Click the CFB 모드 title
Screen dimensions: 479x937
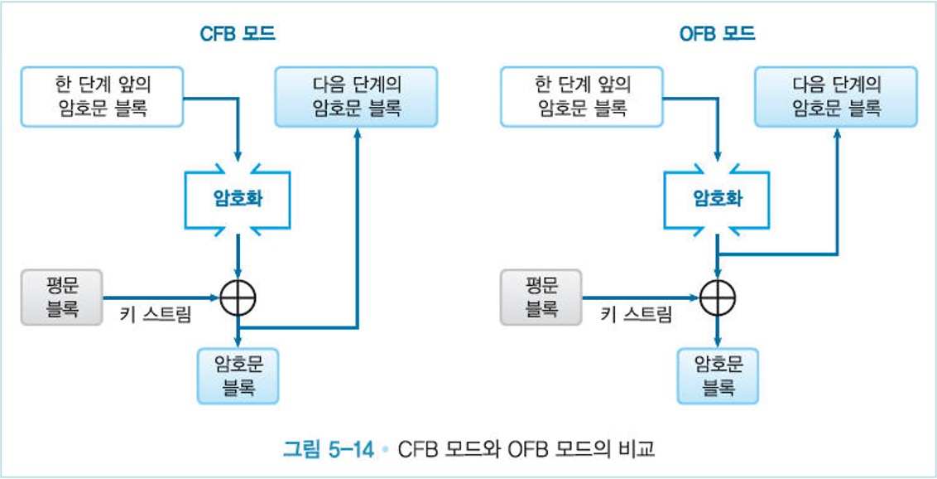coord(238,34)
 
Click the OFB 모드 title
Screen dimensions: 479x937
coord(717,34)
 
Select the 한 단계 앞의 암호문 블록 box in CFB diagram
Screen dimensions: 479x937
coord(103,96)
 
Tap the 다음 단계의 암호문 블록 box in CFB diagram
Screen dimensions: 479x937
coord(357,96)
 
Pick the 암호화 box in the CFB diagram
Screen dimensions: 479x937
coord(238,200)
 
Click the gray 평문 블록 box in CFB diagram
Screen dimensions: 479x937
coord(62,297)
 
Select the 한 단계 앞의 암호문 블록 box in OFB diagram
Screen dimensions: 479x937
coord(583,96)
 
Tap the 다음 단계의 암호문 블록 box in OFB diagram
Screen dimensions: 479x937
coord(836,96)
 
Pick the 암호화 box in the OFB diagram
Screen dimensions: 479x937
coord(717,200)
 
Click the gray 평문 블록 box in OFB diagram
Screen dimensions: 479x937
coord(541,297)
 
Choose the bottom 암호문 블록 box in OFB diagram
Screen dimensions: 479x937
coord(718,375)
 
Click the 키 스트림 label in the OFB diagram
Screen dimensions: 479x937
coord(636,315)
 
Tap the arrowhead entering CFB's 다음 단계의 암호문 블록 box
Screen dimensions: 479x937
coord(357,133)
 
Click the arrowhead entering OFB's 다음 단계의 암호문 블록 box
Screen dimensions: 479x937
coord(836,133)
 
